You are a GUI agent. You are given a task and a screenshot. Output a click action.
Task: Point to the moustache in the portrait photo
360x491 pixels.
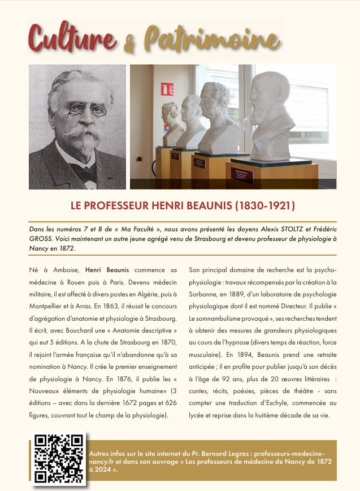pos(79,134)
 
